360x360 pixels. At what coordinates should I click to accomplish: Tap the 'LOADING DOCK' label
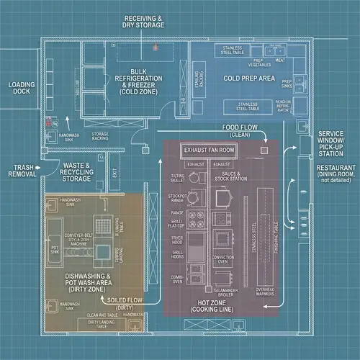pyautogui.click(x=21, y=88)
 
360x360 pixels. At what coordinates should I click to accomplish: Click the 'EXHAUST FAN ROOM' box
pyautogui.click(x=210, y=150)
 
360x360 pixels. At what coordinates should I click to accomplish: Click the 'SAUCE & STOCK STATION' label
pyautogui.click(x=230, y=176)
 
